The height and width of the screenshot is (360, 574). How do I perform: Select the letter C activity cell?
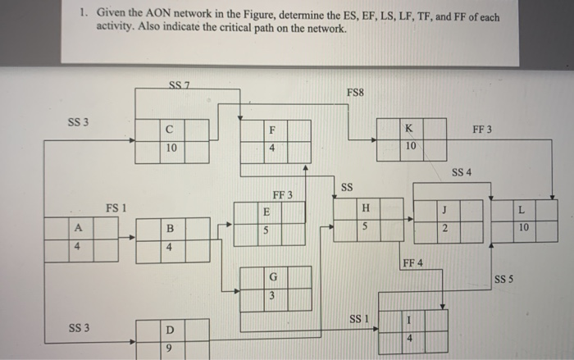tap(169, 129)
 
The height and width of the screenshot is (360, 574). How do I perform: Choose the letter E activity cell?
tap(266, 212)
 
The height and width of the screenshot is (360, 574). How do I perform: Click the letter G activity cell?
tap(272, 276)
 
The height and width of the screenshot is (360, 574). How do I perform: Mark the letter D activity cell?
tap(170, 330)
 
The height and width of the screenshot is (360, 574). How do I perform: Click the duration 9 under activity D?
tap(170, 349)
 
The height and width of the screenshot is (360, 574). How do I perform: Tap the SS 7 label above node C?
tap(180, 87)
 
